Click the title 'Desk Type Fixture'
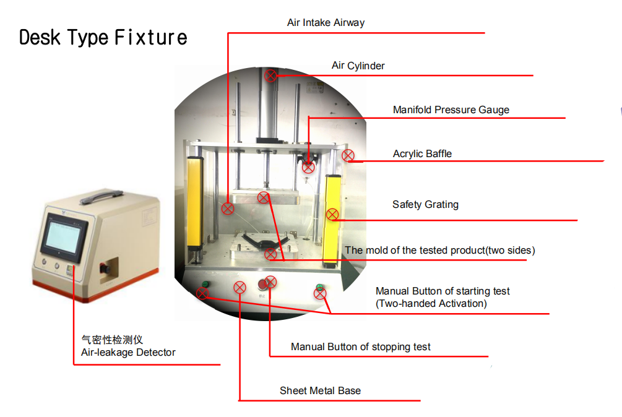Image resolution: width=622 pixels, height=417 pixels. pos(103,38)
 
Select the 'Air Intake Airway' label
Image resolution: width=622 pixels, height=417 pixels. pos(326,23)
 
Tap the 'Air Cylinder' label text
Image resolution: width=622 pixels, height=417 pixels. pos(358,66)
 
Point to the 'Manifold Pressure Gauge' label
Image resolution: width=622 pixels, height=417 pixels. pos(451,110)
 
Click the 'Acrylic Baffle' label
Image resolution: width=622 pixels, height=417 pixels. pos(422,154)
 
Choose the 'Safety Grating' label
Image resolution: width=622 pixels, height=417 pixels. pos(425,204)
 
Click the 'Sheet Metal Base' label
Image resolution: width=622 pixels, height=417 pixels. pos(320,391)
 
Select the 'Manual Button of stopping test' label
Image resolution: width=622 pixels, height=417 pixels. pos(361,347)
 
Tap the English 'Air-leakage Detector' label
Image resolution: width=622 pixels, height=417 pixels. pos(128,353)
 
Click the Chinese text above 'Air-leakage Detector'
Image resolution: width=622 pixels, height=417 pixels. pos(112,340)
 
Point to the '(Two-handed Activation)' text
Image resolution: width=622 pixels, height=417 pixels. pos(431,304)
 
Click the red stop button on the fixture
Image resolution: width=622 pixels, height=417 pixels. pos(262,285)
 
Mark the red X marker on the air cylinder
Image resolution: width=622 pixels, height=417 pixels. pos(270,76)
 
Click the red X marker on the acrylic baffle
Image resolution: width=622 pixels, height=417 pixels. pos(348,156)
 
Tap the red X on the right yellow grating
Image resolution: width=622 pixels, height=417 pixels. pos(332,215)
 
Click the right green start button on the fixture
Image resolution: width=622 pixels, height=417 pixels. pos(319,288)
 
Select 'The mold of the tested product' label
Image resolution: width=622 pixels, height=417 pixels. pos(439,251)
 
